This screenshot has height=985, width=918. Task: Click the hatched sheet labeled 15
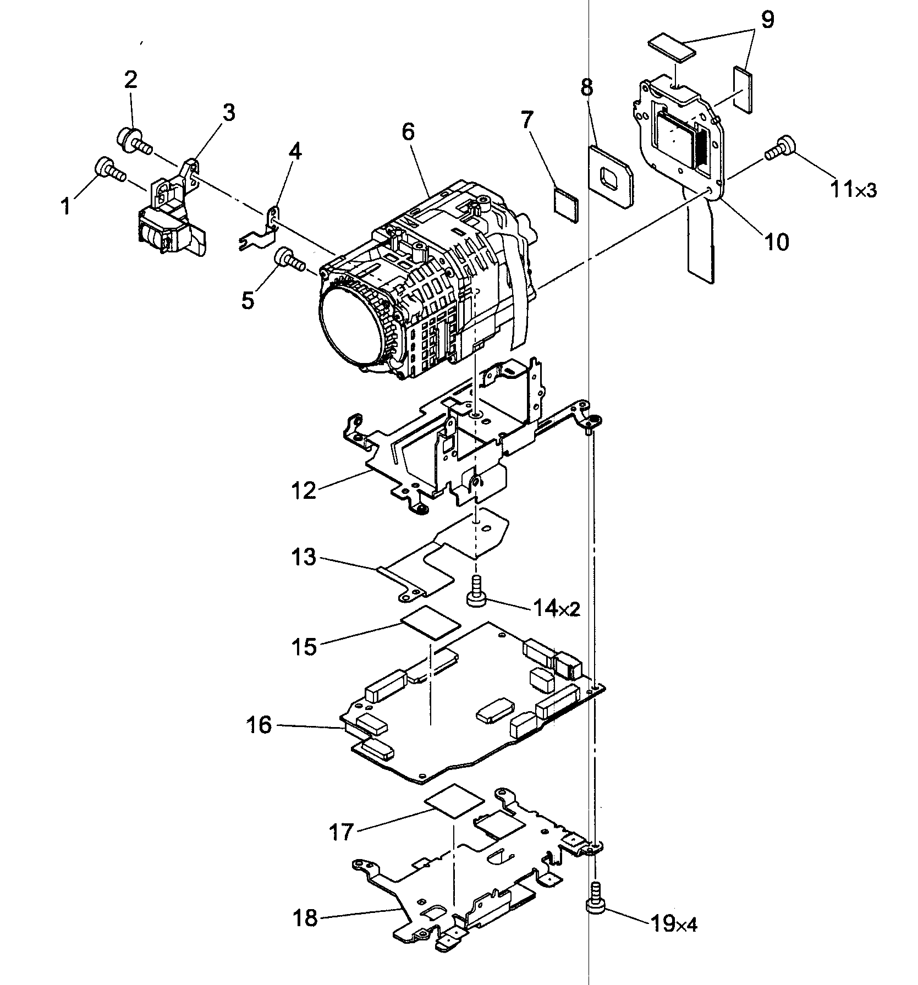pos(431,623)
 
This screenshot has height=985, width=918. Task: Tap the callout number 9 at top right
pos(767,20)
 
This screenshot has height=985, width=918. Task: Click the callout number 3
pos(228,112)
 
